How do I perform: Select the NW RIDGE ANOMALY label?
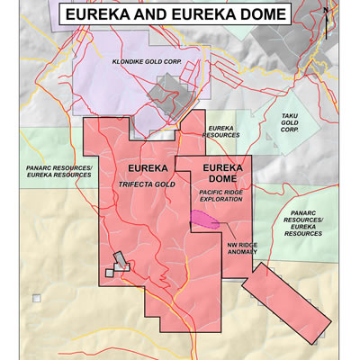pos(237,247)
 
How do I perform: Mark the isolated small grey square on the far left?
pos(36,298)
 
